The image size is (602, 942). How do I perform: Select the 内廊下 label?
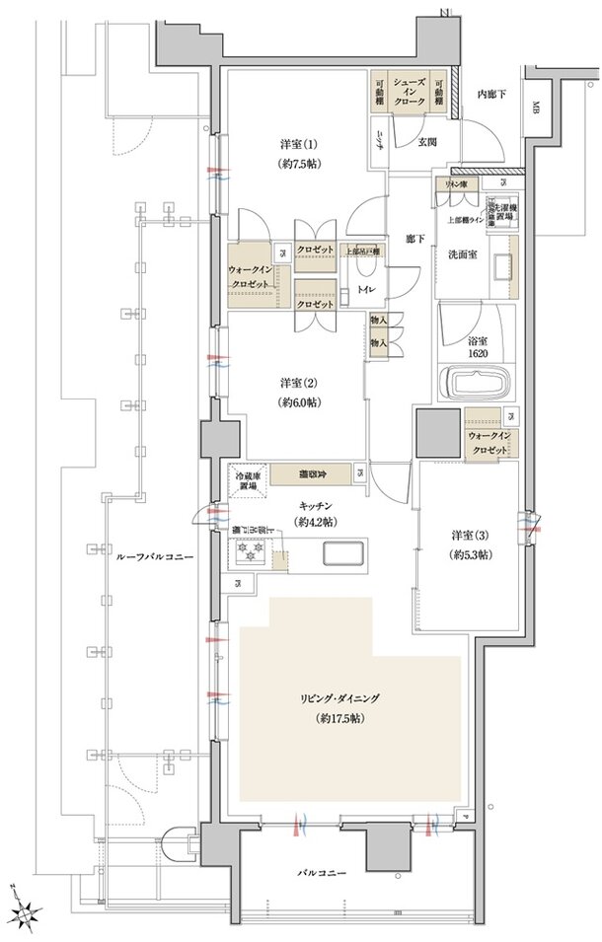(490, 94)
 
